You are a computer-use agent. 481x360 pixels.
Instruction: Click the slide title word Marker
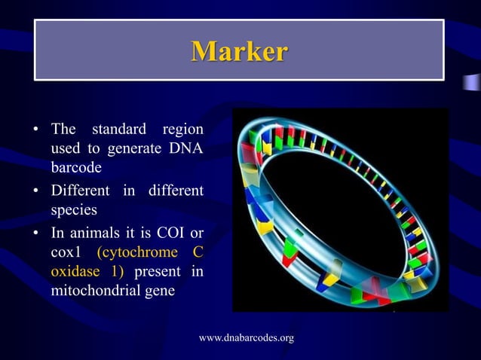coord(239,51)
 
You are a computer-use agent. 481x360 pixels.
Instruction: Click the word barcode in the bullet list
coord(75,167)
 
